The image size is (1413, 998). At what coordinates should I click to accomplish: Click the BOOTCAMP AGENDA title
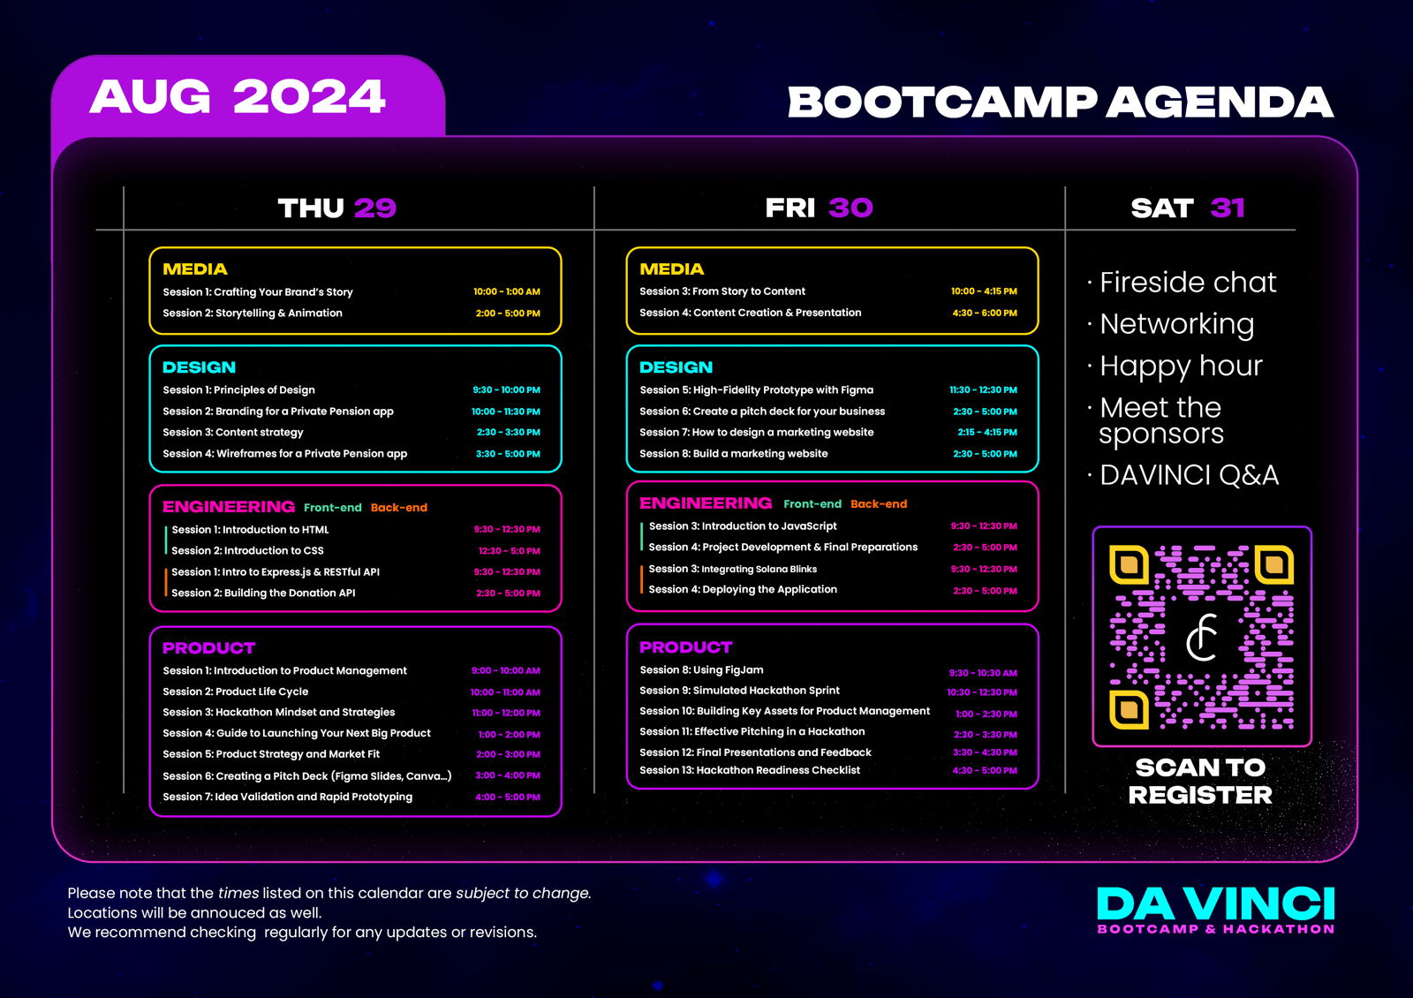pos(1061,102)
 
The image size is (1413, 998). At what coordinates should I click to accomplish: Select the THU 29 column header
pos(336,208)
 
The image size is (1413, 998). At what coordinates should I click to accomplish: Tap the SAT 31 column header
pos(1187,208)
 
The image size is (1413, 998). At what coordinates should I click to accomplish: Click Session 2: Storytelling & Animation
pos(253,313)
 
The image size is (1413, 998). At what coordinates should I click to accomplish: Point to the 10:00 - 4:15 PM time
pos(984,291)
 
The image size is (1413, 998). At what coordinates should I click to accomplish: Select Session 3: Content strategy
pos(233,432)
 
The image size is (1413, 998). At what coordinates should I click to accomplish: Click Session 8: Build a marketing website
pos(734,454)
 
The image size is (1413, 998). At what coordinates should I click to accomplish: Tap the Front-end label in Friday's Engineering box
pos(812,504)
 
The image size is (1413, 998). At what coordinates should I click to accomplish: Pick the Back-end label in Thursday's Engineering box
pos(398,507)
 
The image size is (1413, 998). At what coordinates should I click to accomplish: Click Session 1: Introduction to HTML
pos(250,529)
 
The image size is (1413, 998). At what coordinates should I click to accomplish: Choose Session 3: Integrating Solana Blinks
pos(732,569)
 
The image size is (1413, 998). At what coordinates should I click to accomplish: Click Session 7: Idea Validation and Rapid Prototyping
pos(288,797)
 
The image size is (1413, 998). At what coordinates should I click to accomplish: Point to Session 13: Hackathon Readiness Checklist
pos(750,770)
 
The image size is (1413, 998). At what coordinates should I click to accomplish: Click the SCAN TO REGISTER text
pos(1200,781)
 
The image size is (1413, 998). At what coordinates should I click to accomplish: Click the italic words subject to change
pos(522,893)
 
